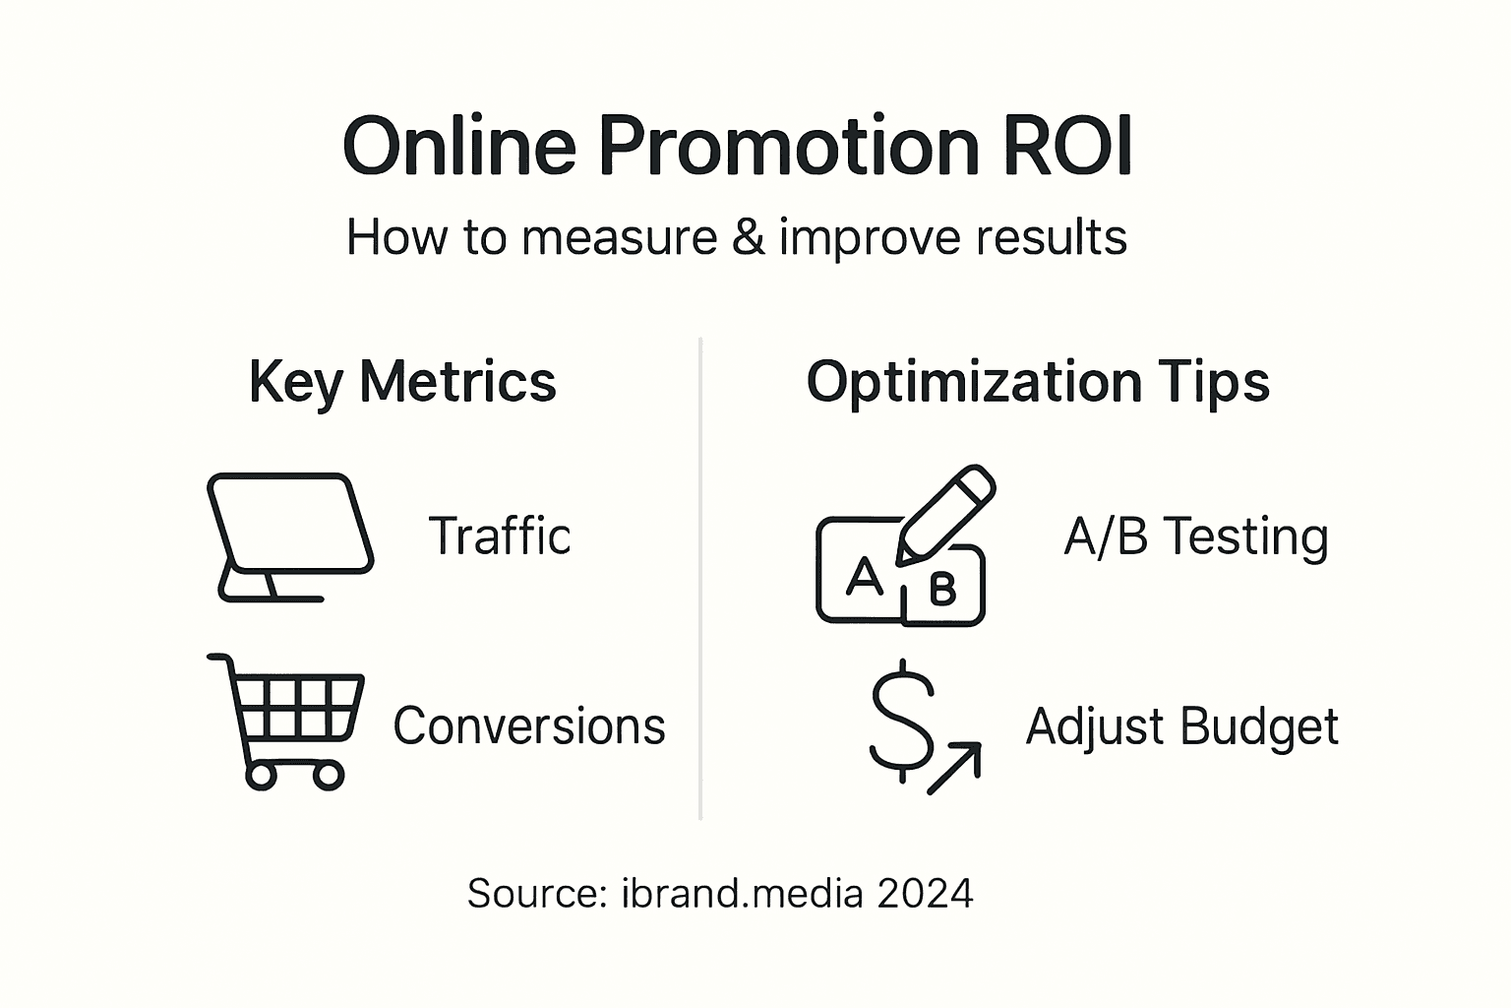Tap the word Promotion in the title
(x=788, y=146)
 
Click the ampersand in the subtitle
(x=748, y=237)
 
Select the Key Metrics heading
(x=402, y=382)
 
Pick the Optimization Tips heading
(x=1038, y=382)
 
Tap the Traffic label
(x=500, y=536)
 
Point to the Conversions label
(x=529, y=726)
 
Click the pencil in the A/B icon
(x=946, y=514)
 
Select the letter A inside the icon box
(x=864, y=576)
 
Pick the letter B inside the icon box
(x=941, y=590)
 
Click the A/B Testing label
(x=1195, y=537)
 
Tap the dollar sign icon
(x=901, y=720)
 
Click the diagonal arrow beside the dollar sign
(x=955, y=768)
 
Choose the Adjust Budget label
(x=1181, y=727)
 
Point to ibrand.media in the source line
(x=742, y=894)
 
